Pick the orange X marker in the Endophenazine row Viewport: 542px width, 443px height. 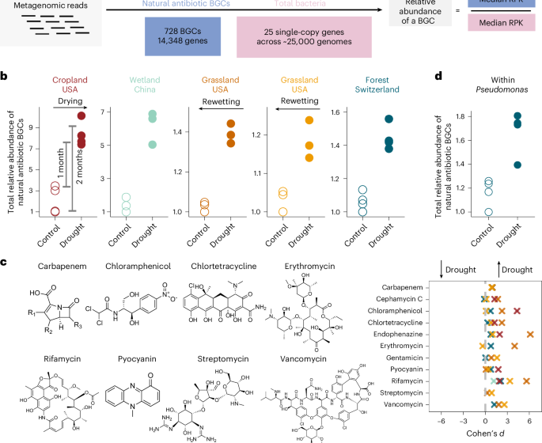point(530,335)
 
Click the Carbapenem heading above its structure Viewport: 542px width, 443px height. point(60,267)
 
